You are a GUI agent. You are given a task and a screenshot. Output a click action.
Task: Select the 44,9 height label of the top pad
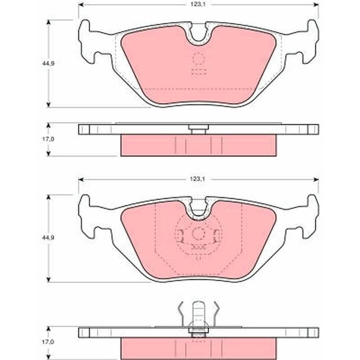[x=48, y=63]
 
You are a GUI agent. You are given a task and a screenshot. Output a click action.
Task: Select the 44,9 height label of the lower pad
[x=48, y=238]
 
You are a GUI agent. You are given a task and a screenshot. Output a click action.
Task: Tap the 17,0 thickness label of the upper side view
[x=48, y=139]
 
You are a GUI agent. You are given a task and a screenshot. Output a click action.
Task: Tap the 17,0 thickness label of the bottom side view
[x=48, y=342]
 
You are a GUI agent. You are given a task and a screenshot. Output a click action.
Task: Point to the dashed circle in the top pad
[x=198, y=58]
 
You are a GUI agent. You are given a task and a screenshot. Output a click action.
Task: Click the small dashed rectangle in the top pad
[x=199, y=72]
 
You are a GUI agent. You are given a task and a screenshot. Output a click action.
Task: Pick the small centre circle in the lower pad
[x=198, y=234]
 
